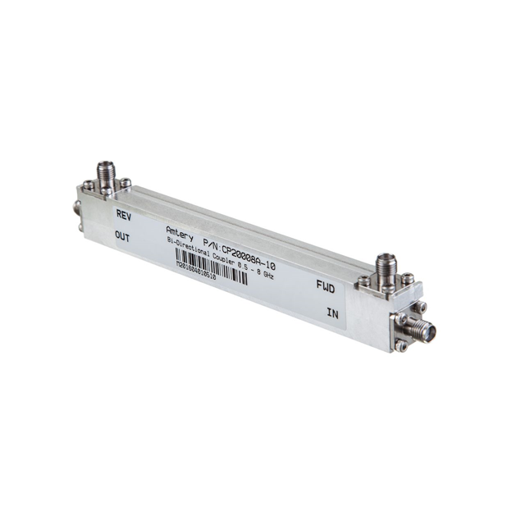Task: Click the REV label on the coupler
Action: pyautogui.click(x=124, y=216)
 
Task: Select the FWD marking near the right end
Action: pyautogui.click(x=326, y=287)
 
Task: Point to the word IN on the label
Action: pyautogui.click(x=333, y=313)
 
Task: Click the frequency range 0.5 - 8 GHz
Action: pyautogui.click(x=253, y=269)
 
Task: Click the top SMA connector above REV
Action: pyautogui.click(x=105, y=176)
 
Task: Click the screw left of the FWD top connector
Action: pyautogui.click(x=363, y=281)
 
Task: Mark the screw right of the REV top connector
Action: pyautogui.click(x=126, y=183)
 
